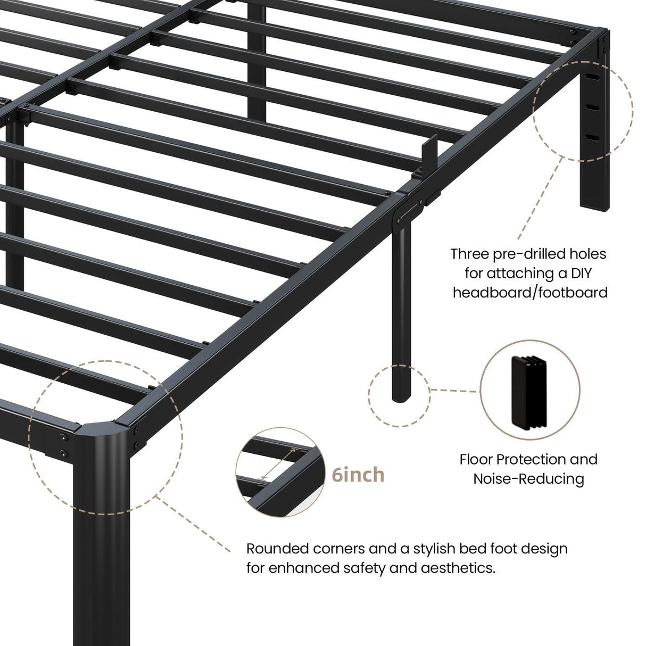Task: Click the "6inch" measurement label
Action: pyautogui.click(x=358, y=474)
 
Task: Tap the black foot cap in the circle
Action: pyautogui.click(x=529, y=391)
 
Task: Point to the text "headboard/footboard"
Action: pyautogui.click(x=530, y=292)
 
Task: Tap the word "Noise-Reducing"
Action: pyautogui.click(x=528, y=478)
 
